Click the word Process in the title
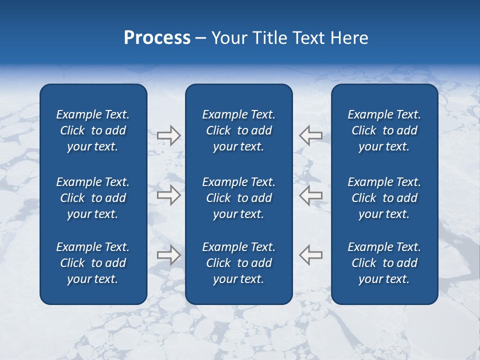point(157,38)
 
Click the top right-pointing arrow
point(168,135)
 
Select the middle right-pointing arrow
point(168,195)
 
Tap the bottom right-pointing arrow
point(168,255)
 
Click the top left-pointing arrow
point(310,135)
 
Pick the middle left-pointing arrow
point(310,195)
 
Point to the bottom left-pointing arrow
point(310,255)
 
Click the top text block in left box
point(93,130)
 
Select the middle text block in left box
point(93,198)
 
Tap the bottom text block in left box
point(93,263)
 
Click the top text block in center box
point(238,130)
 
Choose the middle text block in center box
point(238,198)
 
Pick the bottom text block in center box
point(238,263)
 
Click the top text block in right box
point(384,130)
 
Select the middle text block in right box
point(384,198)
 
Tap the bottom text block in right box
point(384,263)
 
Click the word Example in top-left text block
point(78,115)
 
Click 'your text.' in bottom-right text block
point(384,279)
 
